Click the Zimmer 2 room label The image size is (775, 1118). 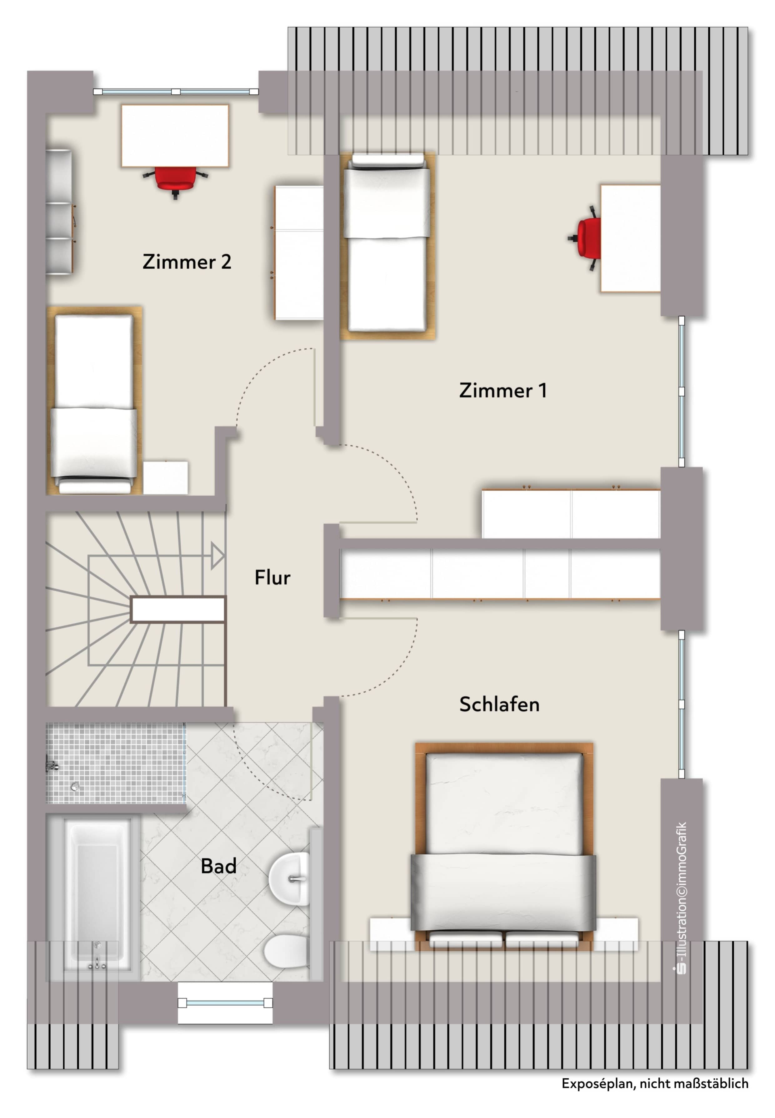[187, 262]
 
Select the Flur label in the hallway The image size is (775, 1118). [272, 577]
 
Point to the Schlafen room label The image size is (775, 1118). [499, 704]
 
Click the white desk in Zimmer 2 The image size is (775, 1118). [175, 136]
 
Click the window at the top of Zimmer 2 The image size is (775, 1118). [176, 91]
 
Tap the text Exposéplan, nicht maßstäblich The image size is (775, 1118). [655, 1084]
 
